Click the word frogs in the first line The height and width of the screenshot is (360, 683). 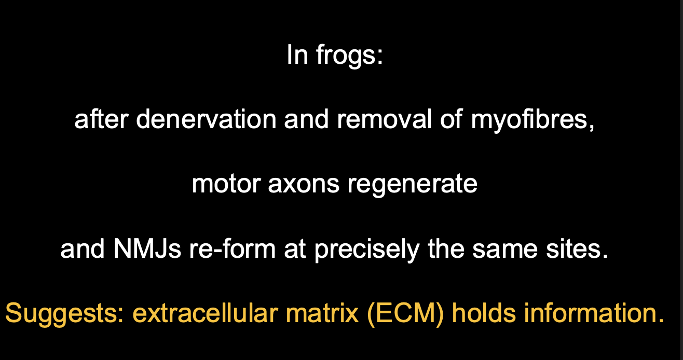(349, 55)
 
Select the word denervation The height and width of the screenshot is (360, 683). (206, 120)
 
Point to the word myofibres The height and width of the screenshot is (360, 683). (531, 120)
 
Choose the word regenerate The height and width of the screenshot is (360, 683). (413, 184)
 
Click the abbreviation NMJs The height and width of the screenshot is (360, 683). (147, 249)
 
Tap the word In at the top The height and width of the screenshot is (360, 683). (297, 55)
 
